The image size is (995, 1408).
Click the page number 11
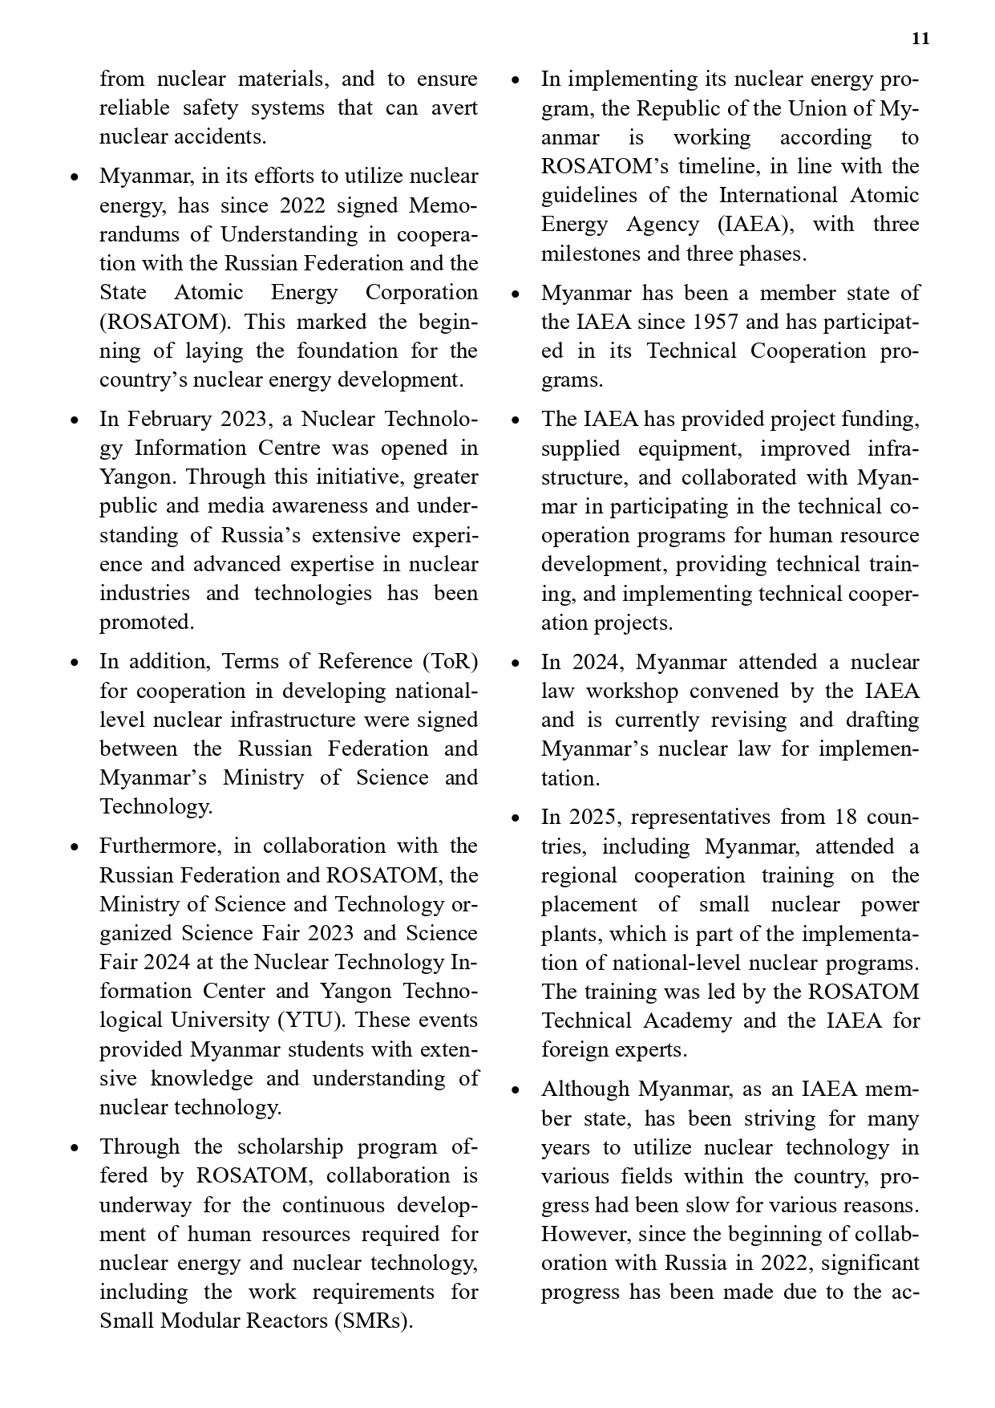click(x=920, y=39)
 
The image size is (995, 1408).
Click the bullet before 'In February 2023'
click(x=75, y=420)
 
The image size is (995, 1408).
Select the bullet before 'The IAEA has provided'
click(x=516, y=420)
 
